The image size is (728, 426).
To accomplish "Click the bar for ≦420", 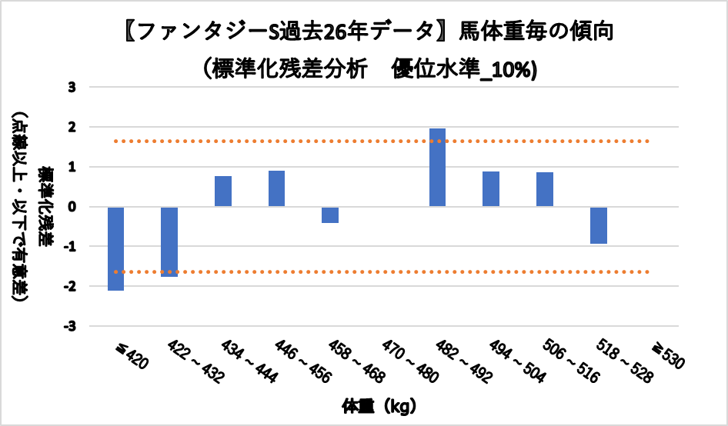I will [x=116, y=248].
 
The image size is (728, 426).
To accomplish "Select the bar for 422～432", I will [x=169, y=241].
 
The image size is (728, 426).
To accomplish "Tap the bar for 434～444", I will [x=223, y=191].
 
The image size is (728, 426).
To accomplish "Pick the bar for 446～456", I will [x=277, y=188].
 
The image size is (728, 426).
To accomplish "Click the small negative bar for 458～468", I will [x=330, y=215].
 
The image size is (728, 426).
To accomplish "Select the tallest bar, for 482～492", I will [x=437, y=168].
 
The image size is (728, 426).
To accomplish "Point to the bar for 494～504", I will [x=491, y=189].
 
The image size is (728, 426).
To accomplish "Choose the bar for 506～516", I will [x=545, y=189].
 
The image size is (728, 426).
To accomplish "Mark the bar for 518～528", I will [x=598, y=225].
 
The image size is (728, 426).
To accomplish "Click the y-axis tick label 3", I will [x=72, y=87].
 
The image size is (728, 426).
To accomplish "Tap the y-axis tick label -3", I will [x=70, y=326].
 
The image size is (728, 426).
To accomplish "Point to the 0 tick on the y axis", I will [x=72, y=207].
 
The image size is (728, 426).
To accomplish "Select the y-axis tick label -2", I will [x=70, y=286].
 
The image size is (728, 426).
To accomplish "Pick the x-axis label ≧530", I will [x=666, y=355].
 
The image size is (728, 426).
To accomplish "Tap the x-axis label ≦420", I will [x=130, y=354].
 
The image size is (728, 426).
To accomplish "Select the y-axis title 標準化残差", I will [x=47, y=206].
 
